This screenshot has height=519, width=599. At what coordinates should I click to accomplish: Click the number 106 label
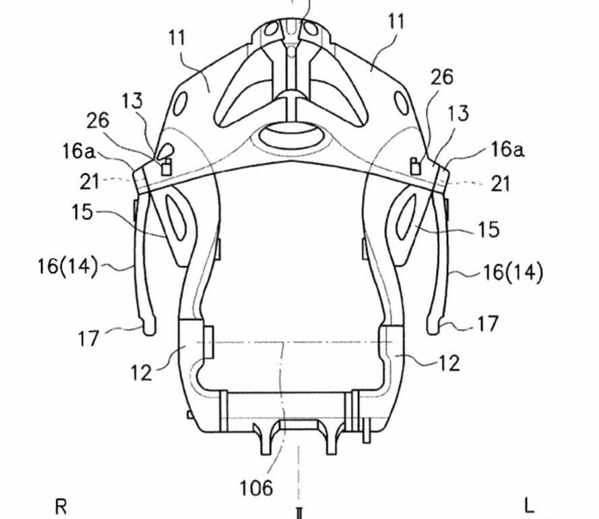[x=256, y=488]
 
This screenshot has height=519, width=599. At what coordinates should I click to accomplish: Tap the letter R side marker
[x=61, y=507]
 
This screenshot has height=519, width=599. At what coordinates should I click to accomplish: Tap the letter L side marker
[x=529, y=506]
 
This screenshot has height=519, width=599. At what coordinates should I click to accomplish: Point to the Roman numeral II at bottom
[x=299, y=512]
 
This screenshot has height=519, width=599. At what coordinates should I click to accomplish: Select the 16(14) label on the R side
[x=67, y=266]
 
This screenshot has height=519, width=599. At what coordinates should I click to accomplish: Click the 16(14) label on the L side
[x=513, y=273]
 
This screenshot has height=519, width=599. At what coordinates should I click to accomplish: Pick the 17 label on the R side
[x=89, y=338]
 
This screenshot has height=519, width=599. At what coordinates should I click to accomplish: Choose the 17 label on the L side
[x=488, y=324]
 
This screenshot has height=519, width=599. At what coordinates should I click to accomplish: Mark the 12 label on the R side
[x=141, y=372]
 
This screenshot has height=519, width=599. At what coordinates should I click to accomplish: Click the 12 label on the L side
[x=449, y=363]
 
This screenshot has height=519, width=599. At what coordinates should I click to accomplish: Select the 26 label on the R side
[x=98, y=120]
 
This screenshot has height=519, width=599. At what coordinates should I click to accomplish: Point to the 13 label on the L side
[x=458, y=113]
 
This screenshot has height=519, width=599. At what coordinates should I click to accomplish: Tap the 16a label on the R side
[x=78, y=151]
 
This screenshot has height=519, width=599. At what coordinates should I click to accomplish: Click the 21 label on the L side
[x=501, y=184]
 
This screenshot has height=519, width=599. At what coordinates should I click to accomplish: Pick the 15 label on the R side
[x=82, y=212]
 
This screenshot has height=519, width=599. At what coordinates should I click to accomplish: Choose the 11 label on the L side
[x=396, y=22]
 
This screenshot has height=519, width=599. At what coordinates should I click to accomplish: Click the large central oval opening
[x=293, y=137]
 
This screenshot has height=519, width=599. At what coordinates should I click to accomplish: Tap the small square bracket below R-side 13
[x=166, y=167]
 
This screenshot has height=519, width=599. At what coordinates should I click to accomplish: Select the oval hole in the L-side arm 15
[x=406, y=216]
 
